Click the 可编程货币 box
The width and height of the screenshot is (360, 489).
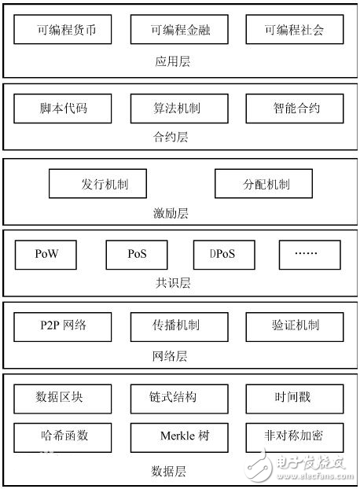point(63,31)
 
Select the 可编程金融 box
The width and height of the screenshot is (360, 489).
point(180,31)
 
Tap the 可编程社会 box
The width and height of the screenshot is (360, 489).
point(295,31)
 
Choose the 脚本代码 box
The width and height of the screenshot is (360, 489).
point(63,108)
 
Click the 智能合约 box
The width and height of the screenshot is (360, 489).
point(295,108)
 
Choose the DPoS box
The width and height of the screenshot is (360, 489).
point(226,255)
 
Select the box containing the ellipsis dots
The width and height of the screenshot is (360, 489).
point(309,255)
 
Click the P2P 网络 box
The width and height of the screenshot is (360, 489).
point(63,325)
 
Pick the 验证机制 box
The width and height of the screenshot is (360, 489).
point(295,325)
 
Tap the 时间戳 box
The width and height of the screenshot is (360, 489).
point(295,397)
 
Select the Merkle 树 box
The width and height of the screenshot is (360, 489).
point(180,436)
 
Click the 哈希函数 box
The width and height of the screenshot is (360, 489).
point(63,436)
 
